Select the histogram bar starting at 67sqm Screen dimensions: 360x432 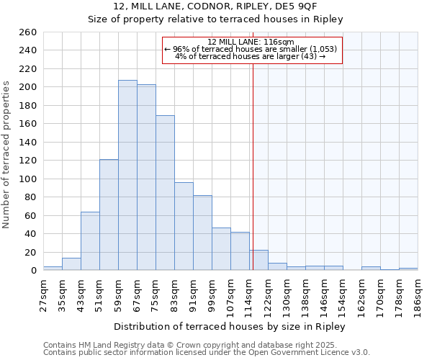[x=146, y=177]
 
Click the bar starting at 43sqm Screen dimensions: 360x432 [x=90, y=240]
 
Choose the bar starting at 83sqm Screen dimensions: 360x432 [x=184, y=226]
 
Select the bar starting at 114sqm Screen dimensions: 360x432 [x=258, y=260]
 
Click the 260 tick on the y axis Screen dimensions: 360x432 [x=28, y=32]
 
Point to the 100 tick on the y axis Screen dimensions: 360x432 [x=28, y=179]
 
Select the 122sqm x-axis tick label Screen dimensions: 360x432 [x=268, y=294]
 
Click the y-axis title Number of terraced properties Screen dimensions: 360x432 [x=6, y=155]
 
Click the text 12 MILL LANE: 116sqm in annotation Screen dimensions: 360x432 [x=251, y=42]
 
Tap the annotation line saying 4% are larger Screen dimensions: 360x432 [x=251, y=57]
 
